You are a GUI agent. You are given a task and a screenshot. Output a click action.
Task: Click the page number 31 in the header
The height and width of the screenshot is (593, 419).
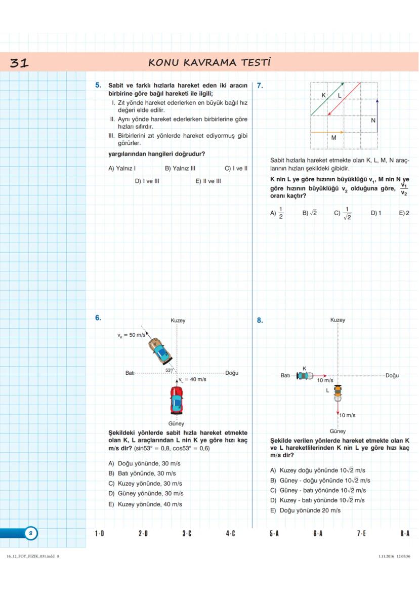pos(19,63)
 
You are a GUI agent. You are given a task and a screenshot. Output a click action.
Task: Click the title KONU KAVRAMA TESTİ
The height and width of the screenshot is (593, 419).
pos(209,63)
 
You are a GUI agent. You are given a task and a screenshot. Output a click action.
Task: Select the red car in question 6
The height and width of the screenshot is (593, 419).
pos(176,400)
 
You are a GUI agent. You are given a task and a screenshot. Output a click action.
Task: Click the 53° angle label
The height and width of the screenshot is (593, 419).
pos(169,370)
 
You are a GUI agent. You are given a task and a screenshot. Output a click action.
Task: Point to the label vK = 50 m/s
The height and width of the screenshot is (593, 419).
pos(131,335)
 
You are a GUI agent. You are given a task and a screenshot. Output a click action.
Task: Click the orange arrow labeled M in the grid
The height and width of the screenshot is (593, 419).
pos(327,132)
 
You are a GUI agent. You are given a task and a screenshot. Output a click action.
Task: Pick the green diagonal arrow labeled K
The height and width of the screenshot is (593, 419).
pos(327,99)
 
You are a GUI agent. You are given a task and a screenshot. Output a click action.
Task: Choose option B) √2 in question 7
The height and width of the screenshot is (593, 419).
pos(309,213)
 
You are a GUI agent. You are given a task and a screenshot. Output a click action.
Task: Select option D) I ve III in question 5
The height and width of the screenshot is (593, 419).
pos(147,181)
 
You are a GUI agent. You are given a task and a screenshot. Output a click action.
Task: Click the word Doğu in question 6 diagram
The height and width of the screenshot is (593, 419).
pos(232,373)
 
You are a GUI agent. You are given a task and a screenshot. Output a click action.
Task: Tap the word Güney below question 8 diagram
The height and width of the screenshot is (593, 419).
pos(338,431)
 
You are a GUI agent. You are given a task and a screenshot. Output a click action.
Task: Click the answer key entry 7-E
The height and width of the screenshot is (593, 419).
pos(361,533)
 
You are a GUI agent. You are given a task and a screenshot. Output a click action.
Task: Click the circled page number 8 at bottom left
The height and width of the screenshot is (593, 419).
pos(31,533)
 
